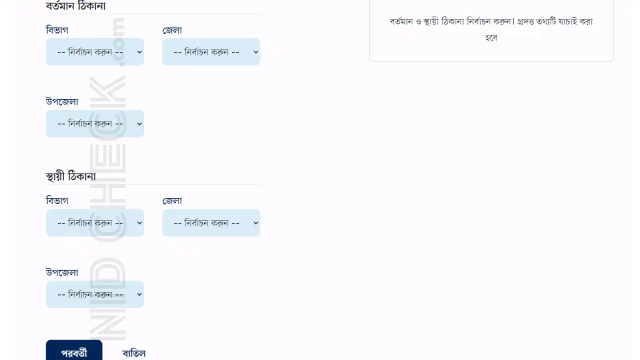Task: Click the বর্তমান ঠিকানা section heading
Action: coord(75,5)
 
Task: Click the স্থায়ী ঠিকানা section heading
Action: coord(70,176)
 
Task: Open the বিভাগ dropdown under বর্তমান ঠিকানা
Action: coord(95,51)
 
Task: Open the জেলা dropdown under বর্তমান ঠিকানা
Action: coord(211,51)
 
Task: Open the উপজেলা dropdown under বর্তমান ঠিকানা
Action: coord(95,123)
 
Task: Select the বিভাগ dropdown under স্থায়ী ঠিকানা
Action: coord(95,222)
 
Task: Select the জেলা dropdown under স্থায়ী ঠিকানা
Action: coord(211,222)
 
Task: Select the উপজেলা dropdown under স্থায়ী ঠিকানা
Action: coord(95,294)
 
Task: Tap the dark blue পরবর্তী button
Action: coord(74,351)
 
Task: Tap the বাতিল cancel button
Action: coord(134,353)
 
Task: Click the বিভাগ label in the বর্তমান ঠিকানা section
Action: coord(57,30)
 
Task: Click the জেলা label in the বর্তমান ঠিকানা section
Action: coord(172,30)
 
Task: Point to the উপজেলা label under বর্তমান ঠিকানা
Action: coord(62,101)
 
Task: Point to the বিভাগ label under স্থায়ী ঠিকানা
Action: coord(57,200)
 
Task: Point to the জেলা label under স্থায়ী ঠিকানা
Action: coord(172,200)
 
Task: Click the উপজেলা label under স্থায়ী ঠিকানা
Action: coord(62,272)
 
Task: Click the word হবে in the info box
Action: coord(491,37)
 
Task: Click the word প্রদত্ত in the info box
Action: coord(525,21)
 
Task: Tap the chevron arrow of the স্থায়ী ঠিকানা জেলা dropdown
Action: coord(255,223)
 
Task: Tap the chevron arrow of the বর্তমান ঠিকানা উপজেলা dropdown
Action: coord(139,124)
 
